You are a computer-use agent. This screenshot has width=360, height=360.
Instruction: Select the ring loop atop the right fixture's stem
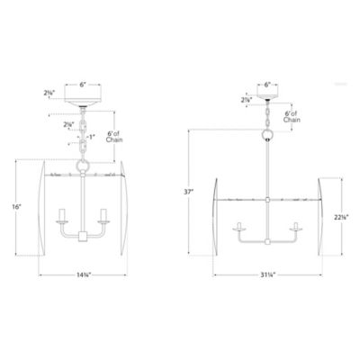tap(267, 137)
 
